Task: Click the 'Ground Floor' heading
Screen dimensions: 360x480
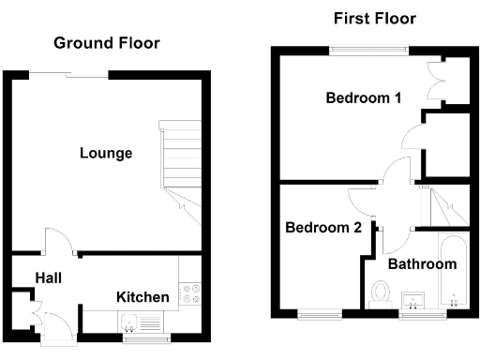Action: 106,43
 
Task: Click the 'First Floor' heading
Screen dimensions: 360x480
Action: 374,19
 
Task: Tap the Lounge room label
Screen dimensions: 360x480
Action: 106,153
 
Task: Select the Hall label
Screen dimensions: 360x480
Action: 49,277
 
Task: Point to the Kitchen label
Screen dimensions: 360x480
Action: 142,297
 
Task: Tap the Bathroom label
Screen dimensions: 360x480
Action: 422,264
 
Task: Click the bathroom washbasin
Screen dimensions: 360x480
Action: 413,301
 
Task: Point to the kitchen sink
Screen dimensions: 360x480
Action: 132,323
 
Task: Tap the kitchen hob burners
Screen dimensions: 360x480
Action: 190,293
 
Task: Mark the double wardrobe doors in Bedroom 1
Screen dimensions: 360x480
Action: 434,81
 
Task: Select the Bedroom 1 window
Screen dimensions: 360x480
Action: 367,49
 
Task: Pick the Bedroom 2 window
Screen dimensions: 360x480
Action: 318,313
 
